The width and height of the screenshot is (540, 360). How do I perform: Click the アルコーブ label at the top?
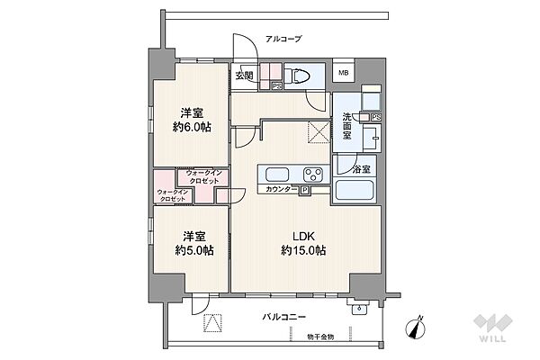(x=283, y=39)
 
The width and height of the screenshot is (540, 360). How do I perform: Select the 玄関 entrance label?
(x=244, y=76)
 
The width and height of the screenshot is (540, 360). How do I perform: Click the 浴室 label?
(x=347, y=167)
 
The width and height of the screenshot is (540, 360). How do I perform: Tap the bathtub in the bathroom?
(x=356, y=191)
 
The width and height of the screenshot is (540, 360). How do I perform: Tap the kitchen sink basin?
(x=275, y=174)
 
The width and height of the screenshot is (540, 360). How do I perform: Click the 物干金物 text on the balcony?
(x=319, y=336)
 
